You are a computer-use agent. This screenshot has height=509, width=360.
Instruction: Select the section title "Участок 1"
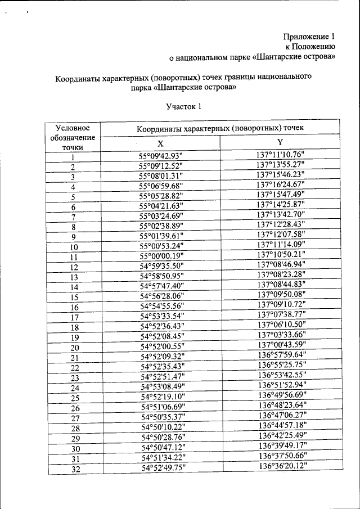click(183, 106)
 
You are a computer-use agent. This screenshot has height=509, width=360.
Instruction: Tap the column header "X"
click(160, 143)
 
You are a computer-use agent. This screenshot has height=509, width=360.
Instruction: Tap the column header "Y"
click(280, 142)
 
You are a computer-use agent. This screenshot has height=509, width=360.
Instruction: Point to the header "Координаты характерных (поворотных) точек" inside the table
click(220, 128)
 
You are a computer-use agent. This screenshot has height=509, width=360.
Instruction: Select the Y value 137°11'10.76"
click(280, 155)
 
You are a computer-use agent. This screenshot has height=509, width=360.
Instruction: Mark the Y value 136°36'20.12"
click(282, 466)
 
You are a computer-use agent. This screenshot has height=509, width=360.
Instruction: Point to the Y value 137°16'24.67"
click(280, 185)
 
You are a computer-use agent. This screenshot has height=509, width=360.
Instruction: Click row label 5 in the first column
click(73, 196)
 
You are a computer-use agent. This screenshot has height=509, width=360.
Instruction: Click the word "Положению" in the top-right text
click(315, 47)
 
